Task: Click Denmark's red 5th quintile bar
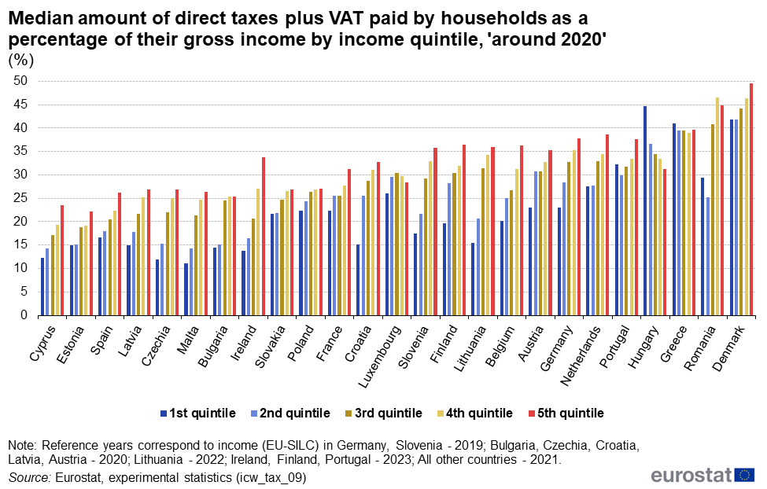coord(751,200)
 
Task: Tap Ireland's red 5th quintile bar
coord(263,237)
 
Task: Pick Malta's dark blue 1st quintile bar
coord(186,289)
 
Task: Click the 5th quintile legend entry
coord(566,413)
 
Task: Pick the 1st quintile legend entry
coord(197,413)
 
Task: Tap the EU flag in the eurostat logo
coord(744,474)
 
